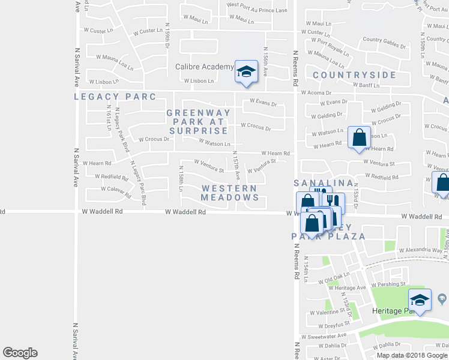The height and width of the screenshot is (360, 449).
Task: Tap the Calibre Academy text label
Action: [204, 67]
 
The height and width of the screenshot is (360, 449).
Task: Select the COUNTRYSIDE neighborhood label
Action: [354, 75]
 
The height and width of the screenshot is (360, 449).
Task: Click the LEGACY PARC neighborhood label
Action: [115, 97]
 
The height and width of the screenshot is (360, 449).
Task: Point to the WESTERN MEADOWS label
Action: [230, 193]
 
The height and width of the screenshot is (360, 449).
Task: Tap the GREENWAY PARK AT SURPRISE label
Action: [197, 122]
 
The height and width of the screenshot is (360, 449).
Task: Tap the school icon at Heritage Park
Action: [420, 301]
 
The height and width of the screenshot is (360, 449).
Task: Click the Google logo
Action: [20, 353]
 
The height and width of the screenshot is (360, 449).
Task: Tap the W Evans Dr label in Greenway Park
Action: [262, 103]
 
